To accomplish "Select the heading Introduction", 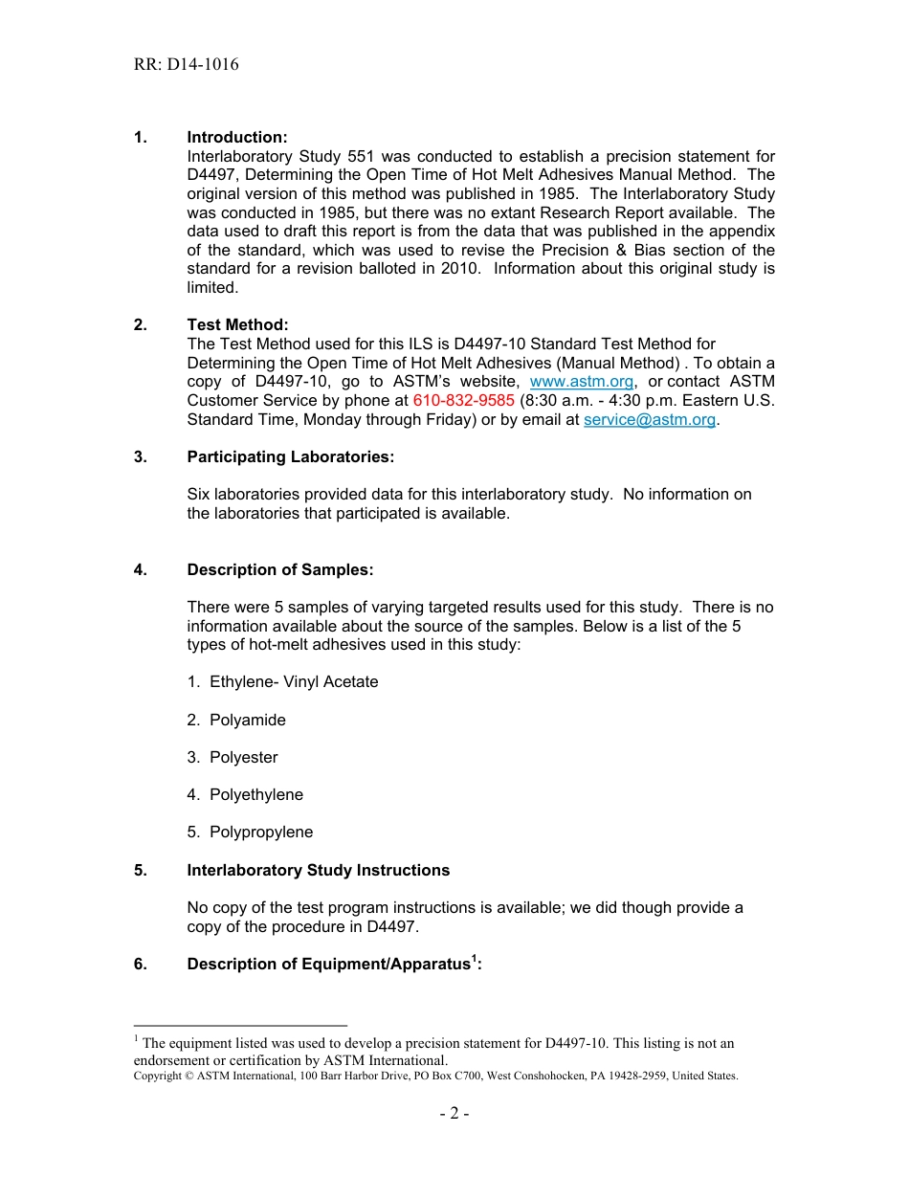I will click(236, 138).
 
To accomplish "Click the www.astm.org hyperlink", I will click(581, 382).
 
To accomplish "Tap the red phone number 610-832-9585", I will click(463, 400).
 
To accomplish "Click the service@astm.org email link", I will click(649, 419).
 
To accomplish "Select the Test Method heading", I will click(237, 325).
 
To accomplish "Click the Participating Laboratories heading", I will click(290, 456).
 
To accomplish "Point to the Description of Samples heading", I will click(279, 569).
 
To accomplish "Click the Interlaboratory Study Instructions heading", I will click(318, 870).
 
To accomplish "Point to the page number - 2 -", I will click(454, 1113).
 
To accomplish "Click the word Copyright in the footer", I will click(158, 1076).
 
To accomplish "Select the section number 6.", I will click(141, 965).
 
